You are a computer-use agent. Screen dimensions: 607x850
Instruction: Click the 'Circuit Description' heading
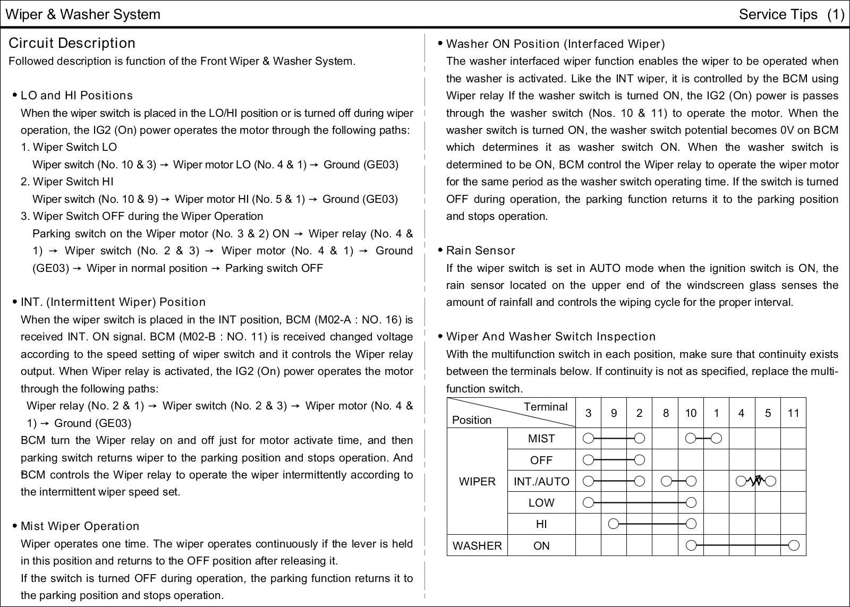click(72, 43)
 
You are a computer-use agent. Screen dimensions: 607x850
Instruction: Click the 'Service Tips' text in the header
click(778, 14)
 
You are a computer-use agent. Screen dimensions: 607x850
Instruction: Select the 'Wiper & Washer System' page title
click(82, 14)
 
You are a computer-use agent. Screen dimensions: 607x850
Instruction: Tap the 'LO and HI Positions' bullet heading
click(76, 96)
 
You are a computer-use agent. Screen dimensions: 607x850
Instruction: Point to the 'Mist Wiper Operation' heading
click(80, 526)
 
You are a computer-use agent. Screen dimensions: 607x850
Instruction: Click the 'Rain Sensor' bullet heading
click(480, 251)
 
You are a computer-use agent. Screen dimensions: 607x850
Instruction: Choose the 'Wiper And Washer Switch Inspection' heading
click(550, 337)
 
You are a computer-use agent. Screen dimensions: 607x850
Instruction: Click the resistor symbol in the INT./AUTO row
click(756, 481)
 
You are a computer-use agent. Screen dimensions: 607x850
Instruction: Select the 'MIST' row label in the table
click(541, 439)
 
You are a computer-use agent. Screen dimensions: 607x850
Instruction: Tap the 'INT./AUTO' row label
click(541, 482)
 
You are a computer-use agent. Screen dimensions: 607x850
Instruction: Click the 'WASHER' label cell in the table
click(477, 546)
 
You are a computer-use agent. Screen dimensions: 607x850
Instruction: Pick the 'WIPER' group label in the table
click(477, 482)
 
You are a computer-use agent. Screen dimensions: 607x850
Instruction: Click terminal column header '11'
click(793, 413)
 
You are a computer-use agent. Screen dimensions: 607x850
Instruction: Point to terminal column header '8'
click(665, 413)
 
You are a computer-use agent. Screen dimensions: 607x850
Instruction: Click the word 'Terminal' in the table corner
click(545, 407)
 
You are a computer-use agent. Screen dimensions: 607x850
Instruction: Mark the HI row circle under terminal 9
click(614, 524)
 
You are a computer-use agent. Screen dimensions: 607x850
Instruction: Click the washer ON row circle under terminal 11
click(794, 545)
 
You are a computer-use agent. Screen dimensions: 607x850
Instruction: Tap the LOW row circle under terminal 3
click(588, 502)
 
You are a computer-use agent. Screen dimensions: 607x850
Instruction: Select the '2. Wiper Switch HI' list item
click(67, 182)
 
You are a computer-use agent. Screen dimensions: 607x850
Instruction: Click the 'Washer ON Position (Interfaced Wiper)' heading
click(555, 44)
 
